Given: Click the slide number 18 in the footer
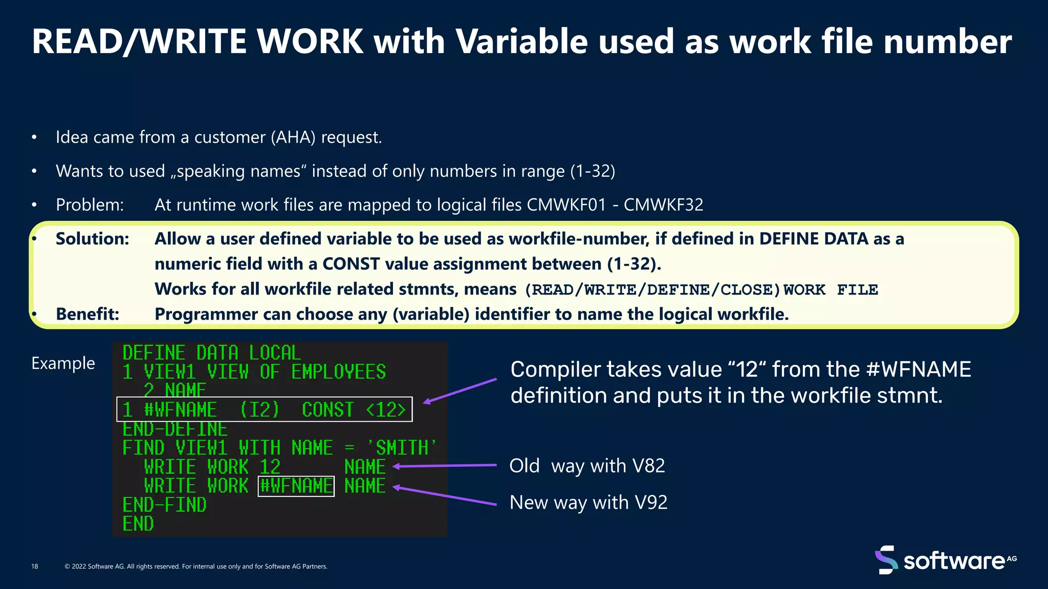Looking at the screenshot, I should pyautogui.click(x=35, y=567).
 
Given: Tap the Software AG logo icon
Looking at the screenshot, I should pyautogui.click(x=886, y=560).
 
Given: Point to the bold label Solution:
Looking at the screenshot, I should pyautogui.click(x=93, y=239).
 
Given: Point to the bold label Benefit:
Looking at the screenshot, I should pyautogui.click(x=88, y=314).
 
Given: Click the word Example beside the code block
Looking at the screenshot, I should pyautogui.click(x=63, y=363).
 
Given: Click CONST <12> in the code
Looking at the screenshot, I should pyautogui.click(x=354, y=410).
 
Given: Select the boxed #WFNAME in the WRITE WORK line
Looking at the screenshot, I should pyautogui.click(x=296, y=486).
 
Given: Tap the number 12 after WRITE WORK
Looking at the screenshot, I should pyautogui.click(x=270, y=467).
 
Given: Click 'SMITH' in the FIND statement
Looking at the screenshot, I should pyautogui.click(x=402, y=448).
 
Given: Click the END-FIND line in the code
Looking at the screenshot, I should pyautogui.click(x=164, y=505).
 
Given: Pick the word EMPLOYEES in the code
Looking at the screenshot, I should pyautogui.click(x=338, y=372).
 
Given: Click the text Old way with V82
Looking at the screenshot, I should pyautogui.click(x=587, y=466).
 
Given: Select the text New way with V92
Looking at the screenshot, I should pyautogui.click(x=588, y=503).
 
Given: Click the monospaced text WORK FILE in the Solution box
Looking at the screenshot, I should pyautogui.click(x=831, y=290).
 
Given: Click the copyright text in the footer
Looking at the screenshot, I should pyautogui.click(x=196, y=567).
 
